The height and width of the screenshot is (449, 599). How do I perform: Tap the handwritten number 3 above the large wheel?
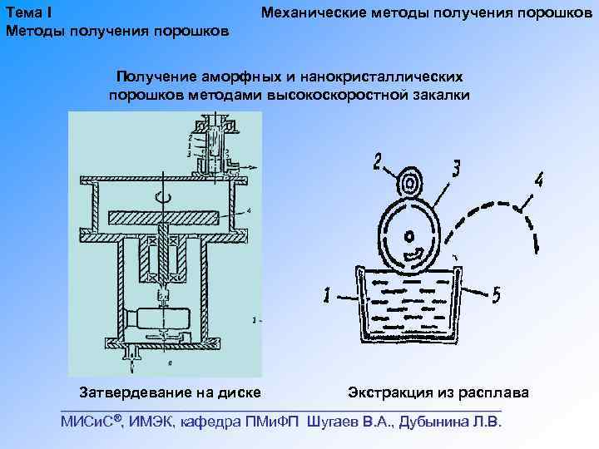click(455, 169)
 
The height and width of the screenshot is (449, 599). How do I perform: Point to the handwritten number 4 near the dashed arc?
click(538, 180)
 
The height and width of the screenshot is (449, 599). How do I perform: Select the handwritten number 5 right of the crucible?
click(496, 294)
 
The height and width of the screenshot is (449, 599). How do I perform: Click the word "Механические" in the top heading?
click(312, 13)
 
